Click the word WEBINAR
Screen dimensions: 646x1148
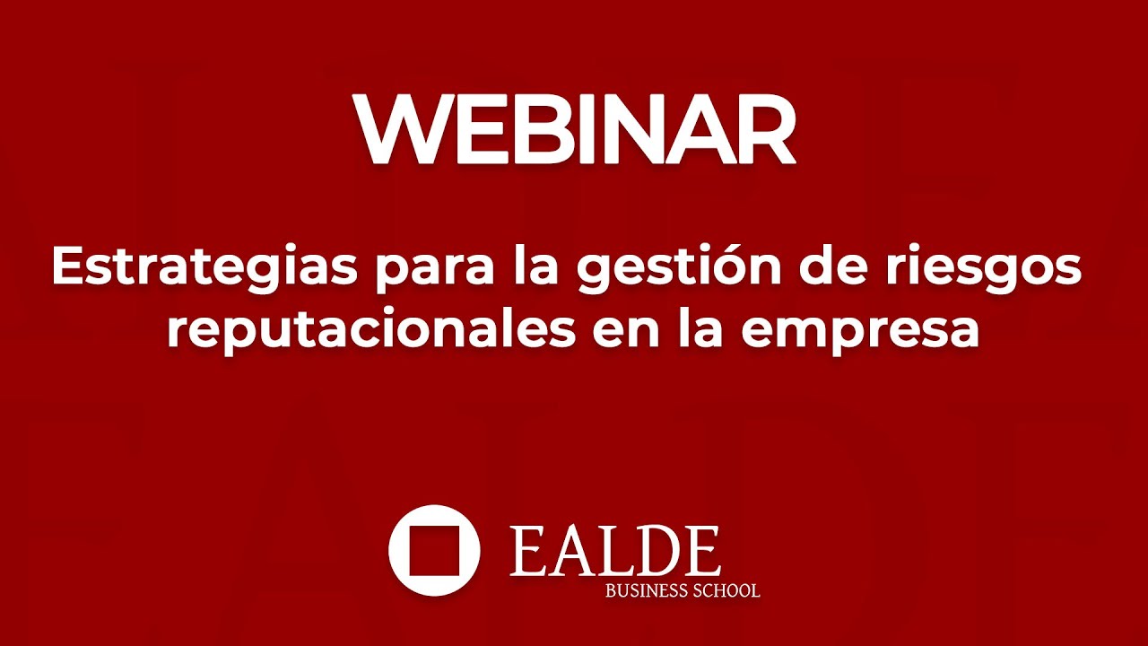(575, 127)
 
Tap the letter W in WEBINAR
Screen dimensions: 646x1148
(400, 127)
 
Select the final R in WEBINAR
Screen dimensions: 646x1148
(764, 127)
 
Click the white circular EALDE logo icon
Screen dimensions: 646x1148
(434, 550)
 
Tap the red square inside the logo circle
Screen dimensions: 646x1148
(434, 550)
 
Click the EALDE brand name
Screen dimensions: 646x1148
(615, 551)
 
